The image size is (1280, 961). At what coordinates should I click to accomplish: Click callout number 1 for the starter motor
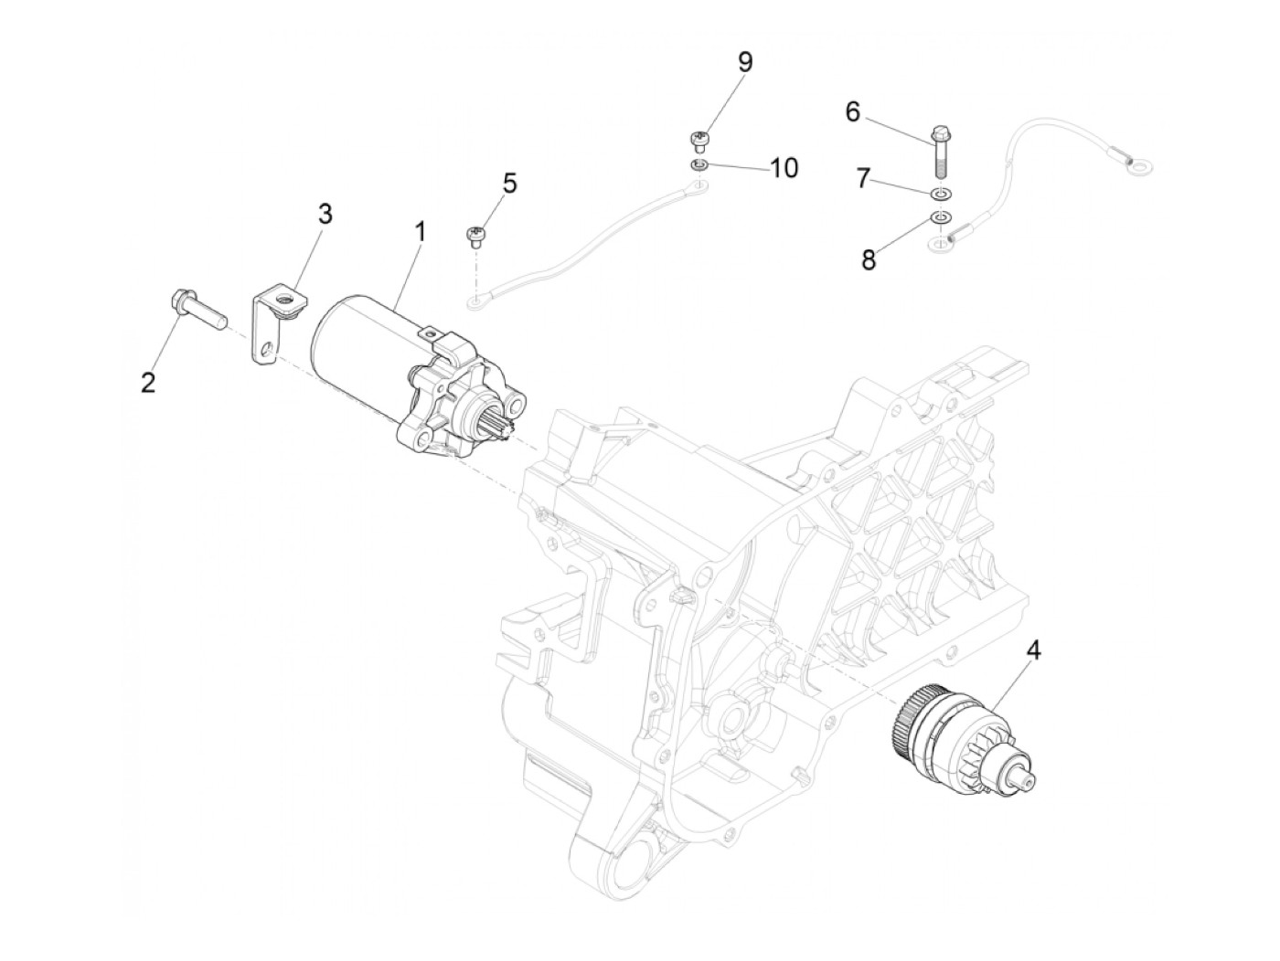[x=420, y=233]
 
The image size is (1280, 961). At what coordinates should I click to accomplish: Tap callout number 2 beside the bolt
[x=148, y=383]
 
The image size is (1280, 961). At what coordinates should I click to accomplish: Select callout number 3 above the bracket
[x=324, y=215]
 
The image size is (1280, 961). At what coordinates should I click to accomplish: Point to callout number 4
[x=1033, y=650]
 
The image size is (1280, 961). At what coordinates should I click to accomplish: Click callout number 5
[x=509, y=183]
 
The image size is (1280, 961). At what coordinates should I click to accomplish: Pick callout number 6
[x=852, y=111]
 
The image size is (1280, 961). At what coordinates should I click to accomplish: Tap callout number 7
[x=863, y=178]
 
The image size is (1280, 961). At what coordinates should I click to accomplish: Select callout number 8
[x=868, y=259]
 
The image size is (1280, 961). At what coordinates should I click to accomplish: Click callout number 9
[x=745, y=62]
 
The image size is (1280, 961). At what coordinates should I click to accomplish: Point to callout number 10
[x=784, y=167]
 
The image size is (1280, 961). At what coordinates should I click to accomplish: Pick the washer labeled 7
[x=942, y=194]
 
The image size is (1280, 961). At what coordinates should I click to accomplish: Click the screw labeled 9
[x=699, y=140]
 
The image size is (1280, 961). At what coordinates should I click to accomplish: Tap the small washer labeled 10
[x=699, y=164]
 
